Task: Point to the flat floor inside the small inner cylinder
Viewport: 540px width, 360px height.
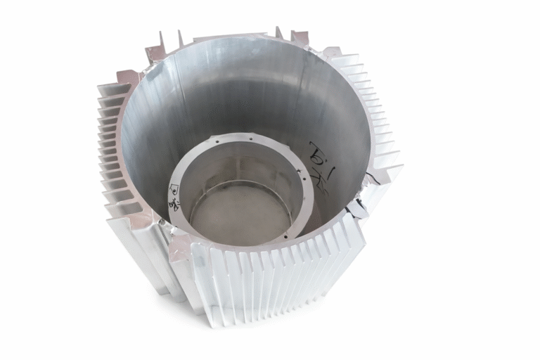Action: click(x=239, y=214)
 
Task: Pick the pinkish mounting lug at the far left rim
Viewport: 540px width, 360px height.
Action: click(x=127, y=77)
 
